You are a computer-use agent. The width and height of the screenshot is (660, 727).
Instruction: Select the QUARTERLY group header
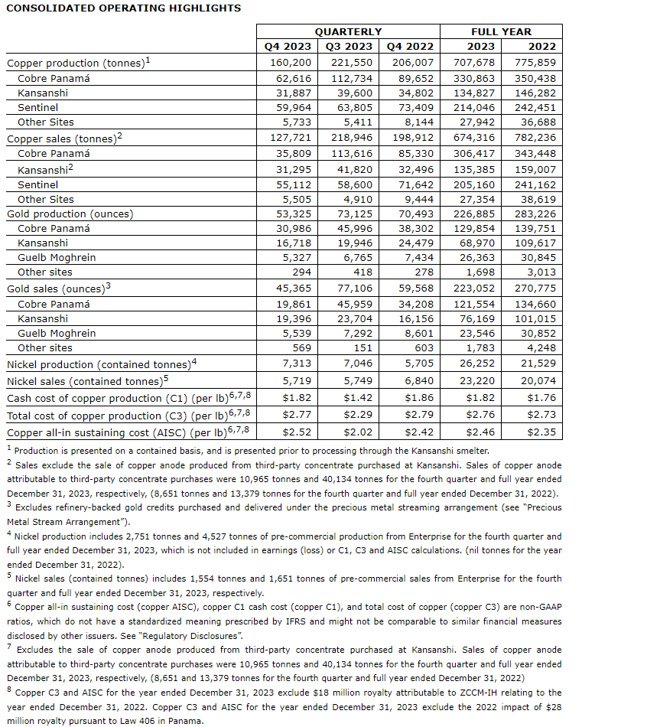point(348,31)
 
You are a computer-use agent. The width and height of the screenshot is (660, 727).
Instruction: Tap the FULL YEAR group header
point(500,31)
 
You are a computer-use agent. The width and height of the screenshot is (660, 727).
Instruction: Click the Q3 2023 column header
point(349,46)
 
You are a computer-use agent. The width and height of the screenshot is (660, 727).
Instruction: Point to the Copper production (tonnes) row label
point(76,63)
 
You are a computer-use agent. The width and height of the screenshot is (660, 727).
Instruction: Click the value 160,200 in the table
point(290,63)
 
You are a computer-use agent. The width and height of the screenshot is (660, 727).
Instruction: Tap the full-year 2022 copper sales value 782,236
point(535,138)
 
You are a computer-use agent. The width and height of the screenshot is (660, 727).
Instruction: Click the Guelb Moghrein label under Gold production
point(57,257)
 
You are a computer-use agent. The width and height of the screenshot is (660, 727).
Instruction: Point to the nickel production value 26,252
point(478,364)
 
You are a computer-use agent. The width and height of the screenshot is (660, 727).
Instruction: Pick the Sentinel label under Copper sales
point(37,184)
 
